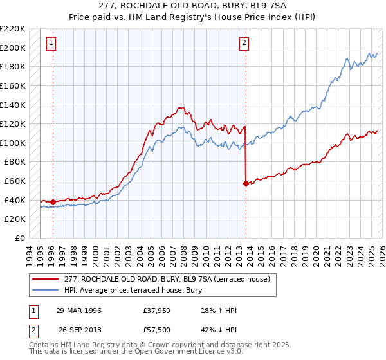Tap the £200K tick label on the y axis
pos(13,48)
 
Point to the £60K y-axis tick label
pos(15,181)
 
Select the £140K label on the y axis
pos(13,105)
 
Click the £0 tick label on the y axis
pos(20,239)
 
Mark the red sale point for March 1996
pos(52,202)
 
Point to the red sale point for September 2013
pos(245,183)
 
